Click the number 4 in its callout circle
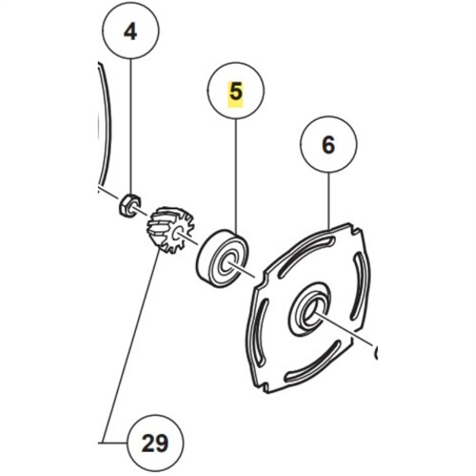pos(130,32)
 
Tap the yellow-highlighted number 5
pos(236,92)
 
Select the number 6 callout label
pos(328,146)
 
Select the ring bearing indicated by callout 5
pos(221,256)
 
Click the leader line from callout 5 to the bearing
pos(236,173)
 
